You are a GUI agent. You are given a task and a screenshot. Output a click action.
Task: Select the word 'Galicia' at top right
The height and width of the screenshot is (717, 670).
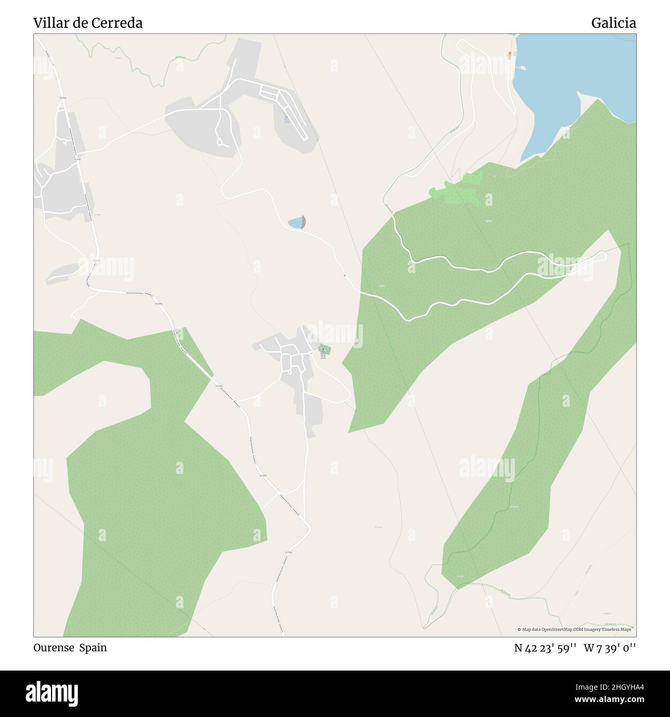[x=613, y=23]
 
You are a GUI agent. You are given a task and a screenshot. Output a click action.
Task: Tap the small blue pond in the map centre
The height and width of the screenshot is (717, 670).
[x=295, y=223]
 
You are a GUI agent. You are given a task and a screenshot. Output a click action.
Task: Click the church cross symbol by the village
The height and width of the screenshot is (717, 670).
[x=323, y=349]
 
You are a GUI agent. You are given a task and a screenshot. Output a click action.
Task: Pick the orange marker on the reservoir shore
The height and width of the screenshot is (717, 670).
[x=510, y=54]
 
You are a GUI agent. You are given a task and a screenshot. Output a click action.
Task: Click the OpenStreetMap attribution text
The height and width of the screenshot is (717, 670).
[x=575, y=629]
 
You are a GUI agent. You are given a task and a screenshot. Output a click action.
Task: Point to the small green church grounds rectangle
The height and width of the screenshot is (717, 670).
[x=324, y=350]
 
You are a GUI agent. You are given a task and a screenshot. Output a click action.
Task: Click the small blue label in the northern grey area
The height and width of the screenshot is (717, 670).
[x=287, y=120]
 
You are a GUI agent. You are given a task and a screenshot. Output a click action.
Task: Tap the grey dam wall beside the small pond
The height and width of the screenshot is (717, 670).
[x=304, y=222]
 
